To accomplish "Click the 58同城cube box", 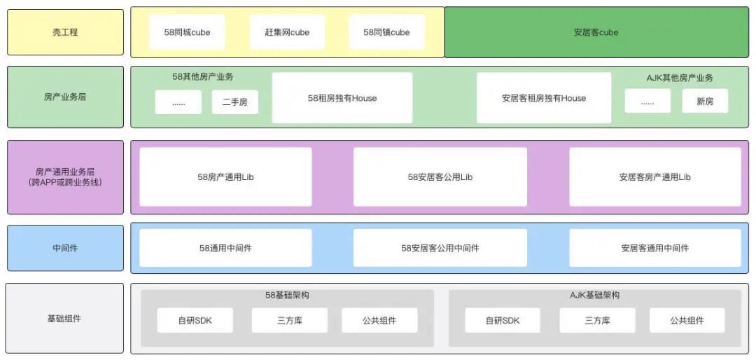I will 187,32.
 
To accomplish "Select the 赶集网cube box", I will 287,32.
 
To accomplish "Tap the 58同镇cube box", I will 386,32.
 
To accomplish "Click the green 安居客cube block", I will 596,32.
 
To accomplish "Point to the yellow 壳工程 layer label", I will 65,32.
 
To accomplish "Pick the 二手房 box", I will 235,102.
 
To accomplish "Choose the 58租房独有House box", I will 342,98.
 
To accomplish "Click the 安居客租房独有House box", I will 544,98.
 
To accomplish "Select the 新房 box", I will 705,102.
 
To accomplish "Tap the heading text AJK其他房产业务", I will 680,78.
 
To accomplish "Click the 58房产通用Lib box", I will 225,177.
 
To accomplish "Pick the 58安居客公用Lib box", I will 440,177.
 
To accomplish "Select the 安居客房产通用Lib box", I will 654,177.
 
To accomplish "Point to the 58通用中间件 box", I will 225,248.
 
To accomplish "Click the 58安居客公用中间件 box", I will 440,248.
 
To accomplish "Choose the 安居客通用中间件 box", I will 654,248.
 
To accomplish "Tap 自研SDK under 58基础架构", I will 195,321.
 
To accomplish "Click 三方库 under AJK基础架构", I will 597,321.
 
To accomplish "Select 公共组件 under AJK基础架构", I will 687,321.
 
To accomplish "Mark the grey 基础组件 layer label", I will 64,319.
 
